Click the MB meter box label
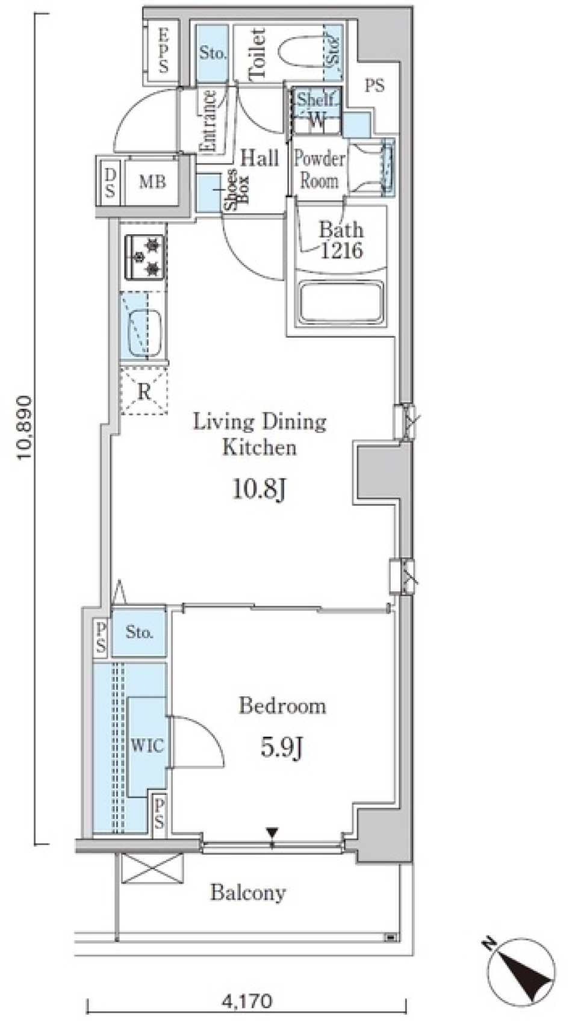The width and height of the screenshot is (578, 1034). click(153, 181)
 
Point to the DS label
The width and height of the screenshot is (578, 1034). click(110, 182)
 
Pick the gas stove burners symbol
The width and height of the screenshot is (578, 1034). click(145, 257)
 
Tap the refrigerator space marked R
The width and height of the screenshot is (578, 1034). click(144, 391)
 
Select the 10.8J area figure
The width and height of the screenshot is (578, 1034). click(259, 490)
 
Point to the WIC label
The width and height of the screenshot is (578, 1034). click(148, 746)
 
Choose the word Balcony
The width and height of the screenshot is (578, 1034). click(248, 892)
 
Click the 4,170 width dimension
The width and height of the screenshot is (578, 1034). click(247, 1001)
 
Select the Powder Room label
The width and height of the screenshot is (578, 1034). click(319, 169)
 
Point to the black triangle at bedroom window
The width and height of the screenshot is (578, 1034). click(273, 833)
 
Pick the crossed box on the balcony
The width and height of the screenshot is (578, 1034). click(152, 868)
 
